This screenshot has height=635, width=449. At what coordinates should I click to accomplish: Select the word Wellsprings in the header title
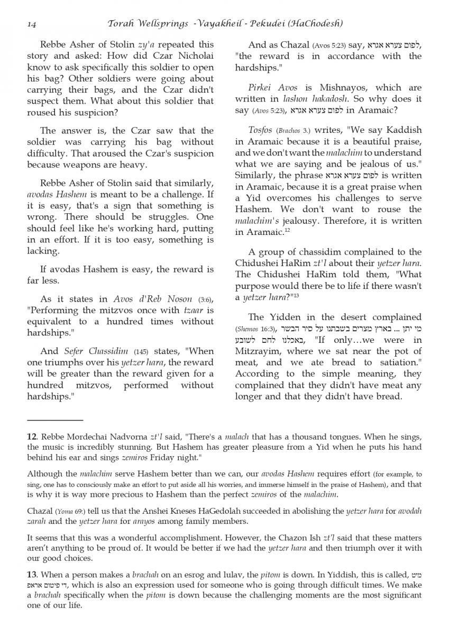click(x=158, y=23)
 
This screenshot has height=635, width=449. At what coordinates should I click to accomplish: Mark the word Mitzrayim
click(x=258, y=351)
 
